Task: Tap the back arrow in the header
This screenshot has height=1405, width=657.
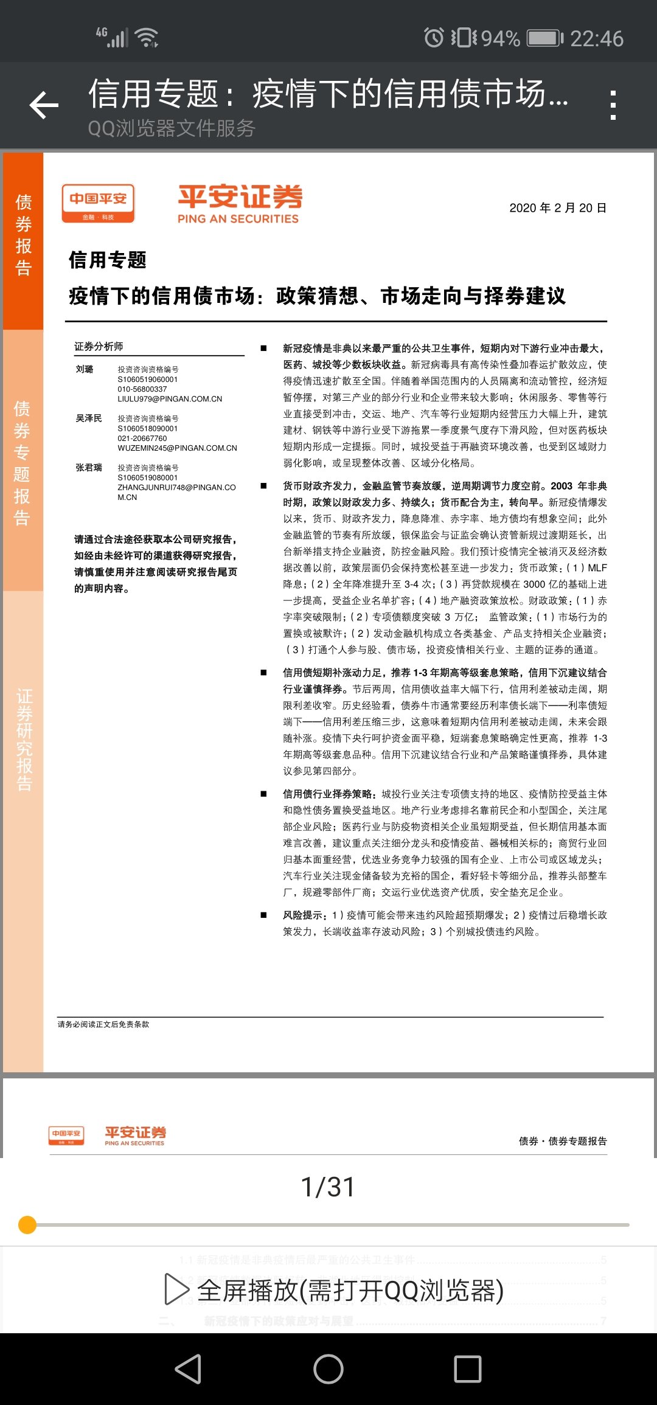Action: pos(44,105)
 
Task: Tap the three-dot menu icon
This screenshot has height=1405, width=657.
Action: pos(613,105)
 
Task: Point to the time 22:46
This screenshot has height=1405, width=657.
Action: pos(596,39)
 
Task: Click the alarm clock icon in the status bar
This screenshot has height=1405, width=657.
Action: pos(434,38)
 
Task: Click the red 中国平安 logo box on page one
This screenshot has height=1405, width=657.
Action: pos(98,203)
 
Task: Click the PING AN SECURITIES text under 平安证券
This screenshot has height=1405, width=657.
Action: pos(238,219)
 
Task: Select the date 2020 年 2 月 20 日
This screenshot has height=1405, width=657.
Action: pos(557,208)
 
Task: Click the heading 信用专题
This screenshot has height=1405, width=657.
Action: pos(108,260)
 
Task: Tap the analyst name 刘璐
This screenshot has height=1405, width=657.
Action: pos(85,369)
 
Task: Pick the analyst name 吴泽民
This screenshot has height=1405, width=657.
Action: pos(89,418)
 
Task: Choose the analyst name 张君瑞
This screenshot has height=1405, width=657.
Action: pos(89,468)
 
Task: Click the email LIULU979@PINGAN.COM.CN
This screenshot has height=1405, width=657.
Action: pos(170,399)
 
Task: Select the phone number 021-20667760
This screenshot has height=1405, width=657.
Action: pos(142,438)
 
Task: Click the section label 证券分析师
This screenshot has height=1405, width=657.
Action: pos(99,347)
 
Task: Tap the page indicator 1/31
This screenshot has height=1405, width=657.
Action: pos(328,1187)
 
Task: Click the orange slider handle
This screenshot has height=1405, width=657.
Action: pos(27,1224)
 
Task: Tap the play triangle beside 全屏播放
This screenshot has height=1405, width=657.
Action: pos(176,1289)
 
